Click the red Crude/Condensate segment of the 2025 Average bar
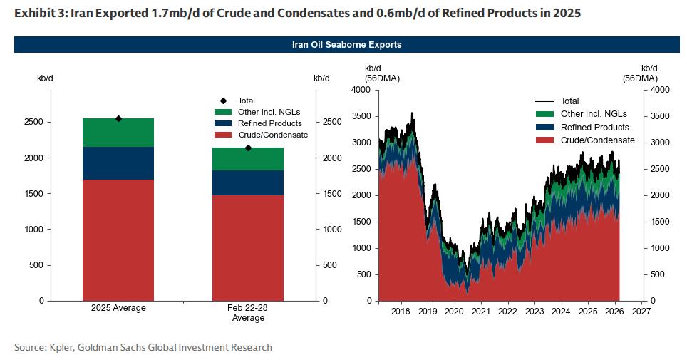118,240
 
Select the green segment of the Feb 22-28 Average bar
248,159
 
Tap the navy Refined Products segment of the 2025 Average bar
118,163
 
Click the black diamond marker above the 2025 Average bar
118,118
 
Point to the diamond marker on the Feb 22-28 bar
248,148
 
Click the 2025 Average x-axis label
118,308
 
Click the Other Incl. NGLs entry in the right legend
594,114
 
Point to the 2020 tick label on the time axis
454,312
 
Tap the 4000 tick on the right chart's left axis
361,90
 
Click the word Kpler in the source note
59,348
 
